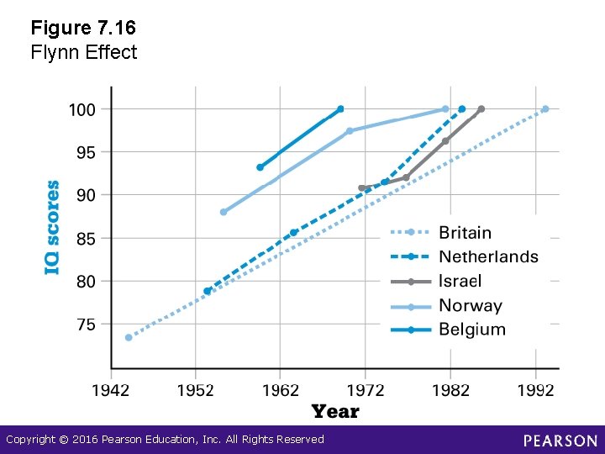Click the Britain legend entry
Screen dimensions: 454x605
pos(465,232)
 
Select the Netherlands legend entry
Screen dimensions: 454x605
pos(487,256)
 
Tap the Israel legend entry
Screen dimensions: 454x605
pos(460,281)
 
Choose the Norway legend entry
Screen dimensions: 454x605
pos(470,305)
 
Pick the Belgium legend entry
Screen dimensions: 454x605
pos(471,330)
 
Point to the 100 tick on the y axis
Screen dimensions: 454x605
pos(82,109)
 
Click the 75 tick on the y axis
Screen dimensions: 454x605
pos(86,324)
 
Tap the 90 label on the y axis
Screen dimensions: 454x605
pos(86,195)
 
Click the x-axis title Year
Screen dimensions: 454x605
pos(335,411)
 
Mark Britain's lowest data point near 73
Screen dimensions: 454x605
pos(129,337)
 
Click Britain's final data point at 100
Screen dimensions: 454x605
pos(545,108)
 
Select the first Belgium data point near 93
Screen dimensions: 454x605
pos(260,167)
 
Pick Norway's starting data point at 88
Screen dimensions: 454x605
pos(223,212)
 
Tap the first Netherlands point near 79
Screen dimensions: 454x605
pos(207,291)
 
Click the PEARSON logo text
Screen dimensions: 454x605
pos(560,441)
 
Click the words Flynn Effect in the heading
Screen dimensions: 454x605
pos(83,52)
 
